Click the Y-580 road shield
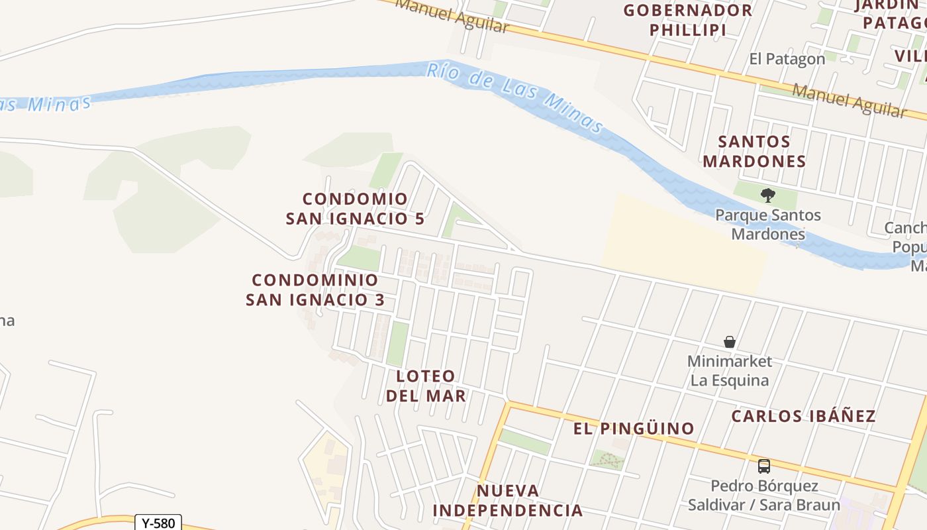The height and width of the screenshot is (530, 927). pyautogui.click(x=158, y=523)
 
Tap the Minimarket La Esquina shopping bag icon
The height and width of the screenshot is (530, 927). pyautogui.click(x=730, y=342)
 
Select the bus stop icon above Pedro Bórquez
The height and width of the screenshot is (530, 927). pyautogui.click(x=764, y=466)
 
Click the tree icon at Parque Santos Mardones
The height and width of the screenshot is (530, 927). pyautogui.click(x=768, y=195)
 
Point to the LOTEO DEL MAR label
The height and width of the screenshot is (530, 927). pyautogui.click(x=426, y=386)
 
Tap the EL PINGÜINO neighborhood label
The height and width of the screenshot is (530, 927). pyautogui.click(x=634, y=429)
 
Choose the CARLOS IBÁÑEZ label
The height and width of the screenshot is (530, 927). pyautogui.click(x=803, y=416)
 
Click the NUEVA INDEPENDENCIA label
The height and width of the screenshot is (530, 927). pyautogui.click(x=508, y=500)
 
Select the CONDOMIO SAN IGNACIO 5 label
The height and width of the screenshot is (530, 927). pyautogui.click(x=355, y=209)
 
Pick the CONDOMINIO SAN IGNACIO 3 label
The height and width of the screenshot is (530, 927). pyautogui.click(x=315, y=290)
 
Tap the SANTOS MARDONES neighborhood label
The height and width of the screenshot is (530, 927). pyautogui.click(x=754, y=151)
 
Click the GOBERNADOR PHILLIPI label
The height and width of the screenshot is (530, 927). pyautogui.click(x=688, y=20)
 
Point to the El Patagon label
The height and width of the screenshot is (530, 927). pyautogui.click(x=787, y=59)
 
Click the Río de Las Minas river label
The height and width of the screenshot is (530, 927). pyautogui.click(x=515, y=96)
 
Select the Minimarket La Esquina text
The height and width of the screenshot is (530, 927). pyautogui.click(x=730, y=370)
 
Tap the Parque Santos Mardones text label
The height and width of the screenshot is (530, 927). pyautogui.click(x=768, y=225)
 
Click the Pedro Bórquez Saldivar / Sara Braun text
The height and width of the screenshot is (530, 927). pyautogui.click(x=764, y=495)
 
